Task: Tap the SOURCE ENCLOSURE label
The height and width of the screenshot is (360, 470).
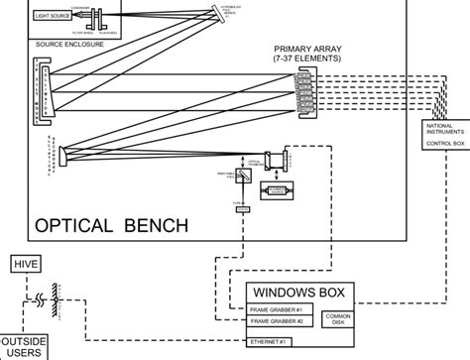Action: click(x=72, y=45)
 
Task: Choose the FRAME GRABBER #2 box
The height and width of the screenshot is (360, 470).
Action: click(x=279, y=321)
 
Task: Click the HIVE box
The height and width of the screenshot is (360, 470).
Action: click(x=23, y=264)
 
